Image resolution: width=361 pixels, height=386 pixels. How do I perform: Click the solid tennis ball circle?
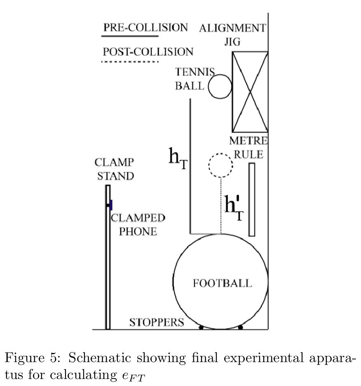click(220, 87)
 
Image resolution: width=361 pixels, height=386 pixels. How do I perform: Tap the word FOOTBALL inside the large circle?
click(222, 283)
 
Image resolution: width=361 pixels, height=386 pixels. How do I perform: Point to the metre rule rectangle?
click(252, 200)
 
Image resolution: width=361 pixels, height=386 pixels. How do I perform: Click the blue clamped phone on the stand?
click(110, 205)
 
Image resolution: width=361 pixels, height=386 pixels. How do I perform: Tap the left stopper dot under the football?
click(201, 327)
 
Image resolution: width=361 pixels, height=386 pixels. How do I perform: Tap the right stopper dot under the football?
click(241, 327)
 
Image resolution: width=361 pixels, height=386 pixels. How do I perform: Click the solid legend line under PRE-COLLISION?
click(130, 36)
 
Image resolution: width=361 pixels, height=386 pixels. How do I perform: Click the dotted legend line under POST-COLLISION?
click(130, 62)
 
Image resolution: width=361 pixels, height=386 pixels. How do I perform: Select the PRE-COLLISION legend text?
click(145, 28)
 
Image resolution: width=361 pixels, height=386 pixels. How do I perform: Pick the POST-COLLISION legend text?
click(148, 52)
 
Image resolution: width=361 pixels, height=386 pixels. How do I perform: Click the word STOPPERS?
click(157, 322)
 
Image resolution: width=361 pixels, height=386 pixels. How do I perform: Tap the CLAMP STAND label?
click(115, 169)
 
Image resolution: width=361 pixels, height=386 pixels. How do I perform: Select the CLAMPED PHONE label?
click(138, 224)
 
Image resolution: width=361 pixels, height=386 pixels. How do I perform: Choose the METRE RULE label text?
click(248, 147)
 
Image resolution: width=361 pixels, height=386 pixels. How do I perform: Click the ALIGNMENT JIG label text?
click(232, 34)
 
